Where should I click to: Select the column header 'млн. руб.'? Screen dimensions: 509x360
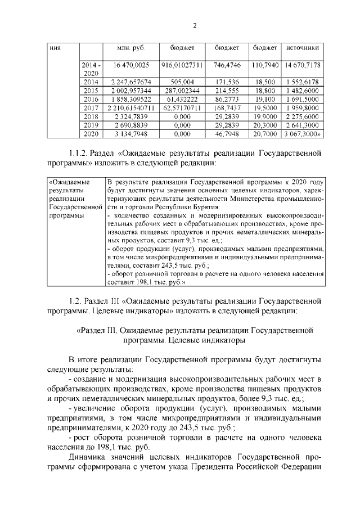(130, 49)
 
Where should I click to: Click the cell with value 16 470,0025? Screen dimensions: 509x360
(130, 66)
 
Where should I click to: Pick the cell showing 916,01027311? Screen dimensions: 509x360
(182, 66)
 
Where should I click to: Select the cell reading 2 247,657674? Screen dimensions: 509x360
(130, 82)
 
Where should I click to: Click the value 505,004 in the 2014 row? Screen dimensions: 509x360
(182, 82)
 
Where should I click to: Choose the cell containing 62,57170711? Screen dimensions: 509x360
(182, 107)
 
